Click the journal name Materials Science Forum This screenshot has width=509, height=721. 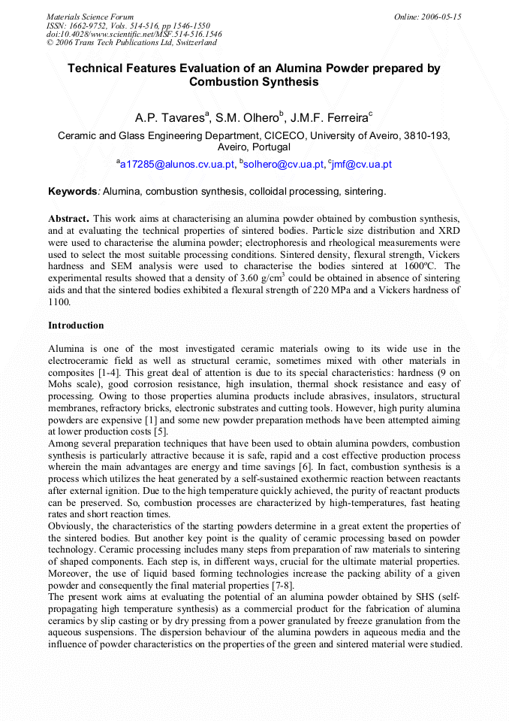click(x=90, y=17)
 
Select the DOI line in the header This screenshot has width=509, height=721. click(x=134, y=34)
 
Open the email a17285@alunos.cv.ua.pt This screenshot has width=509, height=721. click(x=176, y=165)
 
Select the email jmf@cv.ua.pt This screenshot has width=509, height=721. click(x=363, y=165)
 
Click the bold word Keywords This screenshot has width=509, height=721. click(x=73, y=192)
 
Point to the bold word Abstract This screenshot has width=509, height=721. click(x=69, y=217)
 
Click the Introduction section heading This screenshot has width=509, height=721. click(x=76, y=326)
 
